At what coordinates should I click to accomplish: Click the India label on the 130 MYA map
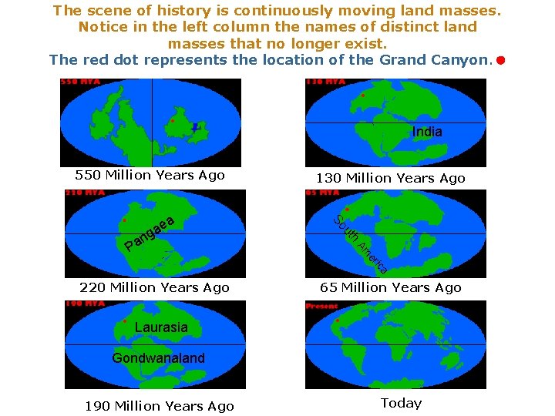(427, 132)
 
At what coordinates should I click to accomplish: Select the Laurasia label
(160, 327)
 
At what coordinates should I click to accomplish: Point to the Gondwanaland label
(159, 357)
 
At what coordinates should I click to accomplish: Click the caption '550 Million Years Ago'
(150, 175)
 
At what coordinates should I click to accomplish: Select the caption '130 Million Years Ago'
(390, 178)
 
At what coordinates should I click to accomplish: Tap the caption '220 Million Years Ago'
(154, 287)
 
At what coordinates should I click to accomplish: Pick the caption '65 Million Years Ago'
(391, 287)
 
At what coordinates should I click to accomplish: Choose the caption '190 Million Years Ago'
(160, 406)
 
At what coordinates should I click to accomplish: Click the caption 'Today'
(401, 403)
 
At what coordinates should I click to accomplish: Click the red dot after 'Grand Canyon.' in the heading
(500, 59)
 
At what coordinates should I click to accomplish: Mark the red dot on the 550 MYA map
(172, 121)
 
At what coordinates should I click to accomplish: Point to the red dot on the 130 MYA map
(362, 96)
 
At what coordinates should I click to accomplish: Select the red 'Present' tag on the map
(322, 305)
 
